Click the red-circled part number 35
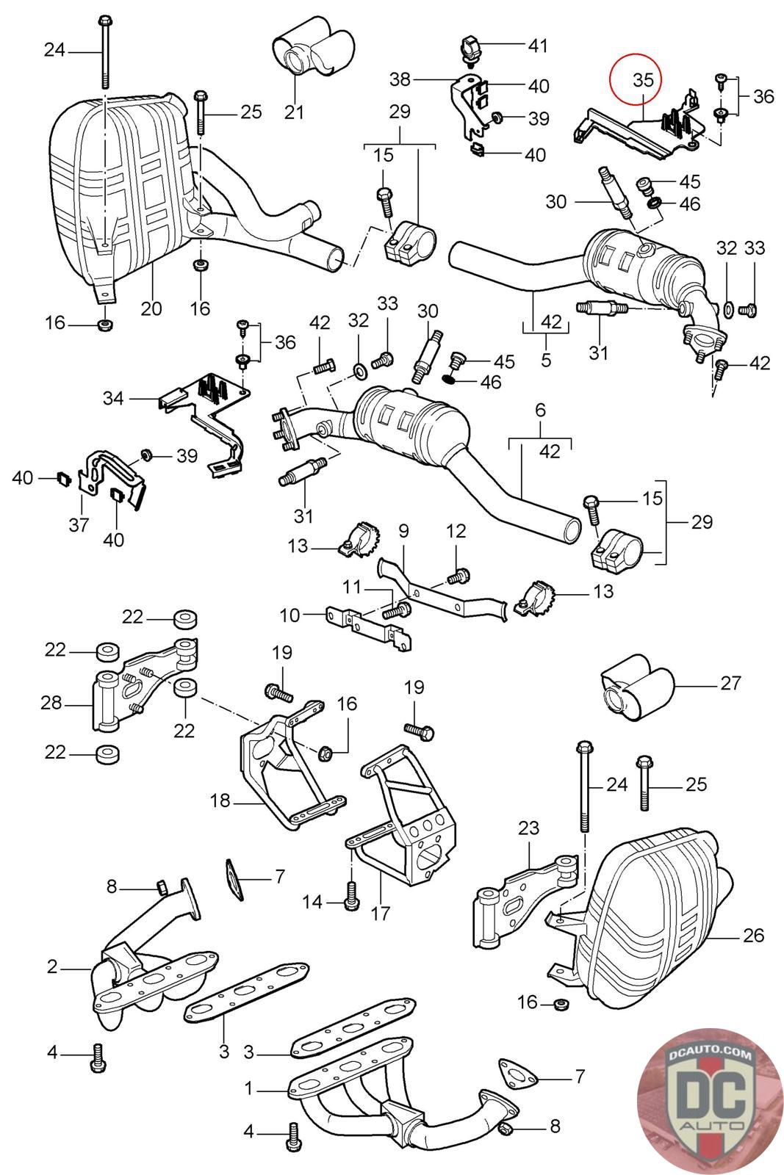click(x=642, y=80)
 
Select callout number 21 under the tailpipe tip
click(x=294, y=112)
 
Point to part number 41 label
click(x=538, y=46)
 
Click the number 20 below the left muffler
click(x=151, y=308)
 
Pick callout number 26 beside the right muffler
click(x=753, y=935)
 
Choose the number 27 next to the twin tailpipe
click(x=730, y=683)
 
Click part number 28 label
click(x=51, y=703)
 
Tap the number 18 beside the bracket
click(x=403, y=529)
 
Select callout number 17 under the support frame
click(x=290, y=614)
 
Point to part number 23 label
click(x=529, y=829)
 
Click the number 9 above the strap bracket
click(x=403, y=529)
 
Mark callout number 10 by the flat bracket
click(x=290, y=614)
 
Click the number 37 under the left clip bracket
click(x=79, y=524)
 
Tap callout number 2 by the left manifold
click(x=52, y=966)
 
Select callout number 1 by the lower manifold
click(x=249, y=1088)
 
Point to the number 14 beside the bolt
click(x=314, y=901)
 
